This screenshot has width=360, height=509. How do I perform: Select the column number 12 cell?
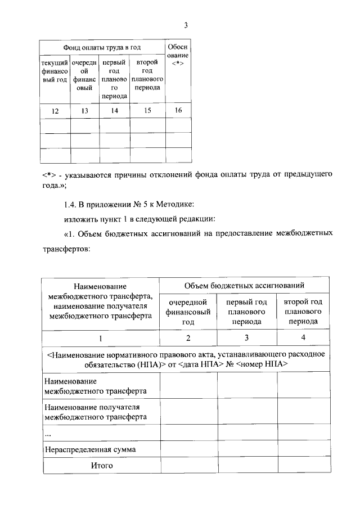pos(55,111)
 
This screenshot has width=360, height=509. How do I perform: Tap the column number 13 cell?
pos(84,111)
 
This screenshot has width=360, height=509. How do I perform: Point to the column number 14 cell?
pos(114,111)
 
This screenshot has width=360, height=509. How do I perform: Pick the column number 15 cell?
pos(147,111)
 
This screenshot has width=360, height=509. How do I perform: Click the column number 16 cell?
pos(178,110)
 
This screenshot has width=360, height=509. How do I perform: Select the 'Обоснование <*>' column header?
pos(178,58)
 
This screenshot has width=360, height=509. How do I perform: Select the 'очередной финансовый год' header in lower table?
pos(188,312)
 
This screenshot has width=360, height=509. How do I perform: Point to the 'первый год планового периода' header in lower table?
pos(246,312)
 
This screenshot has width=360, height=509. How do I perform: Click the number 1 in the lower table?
pos(101,338)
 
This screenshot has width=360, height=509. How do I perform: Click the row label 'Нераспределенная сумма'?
pos(90,449)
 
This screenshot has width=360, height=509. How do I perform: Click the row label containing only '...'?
pos(48,433)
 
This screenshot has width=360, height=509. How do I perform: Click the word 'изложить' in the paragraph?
pos(78,218)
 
